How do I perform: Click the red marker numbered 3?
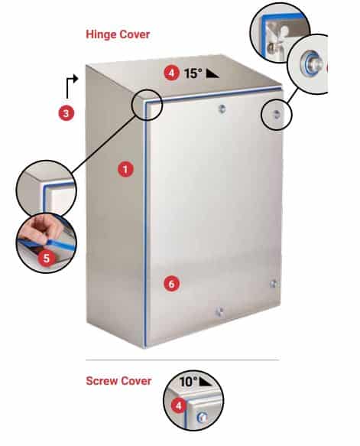click(66, 113)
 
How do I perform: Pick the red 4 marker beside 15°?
click(172, 74)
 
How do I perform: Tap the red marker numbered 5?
click(47, 258)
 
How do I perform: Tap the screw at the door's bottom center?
click(219, 311)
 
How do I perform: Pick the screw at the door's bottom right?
click(274, 284)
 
